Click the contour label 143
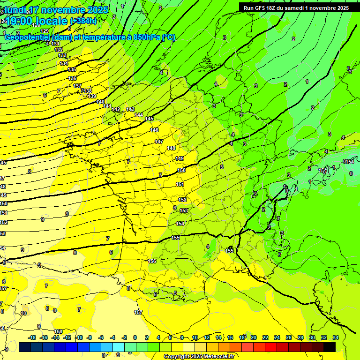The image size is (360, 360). (x=130, y=109)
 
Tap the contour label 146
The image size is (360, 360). (x=154, y=130)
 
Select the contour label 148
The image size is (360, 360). (x=171, y=148)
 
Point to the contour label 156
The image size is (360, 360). (x=152, y=261)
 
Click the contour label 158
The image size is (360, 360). (x=58, y=331)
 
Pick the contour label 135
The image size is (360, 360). (x=72, y=69)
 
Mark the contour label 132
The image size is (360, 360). (x=59, y=49)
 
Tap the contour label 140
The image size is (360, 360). (x=100, y=102)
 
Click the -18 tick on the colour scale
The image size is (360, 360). (x=32, y=337)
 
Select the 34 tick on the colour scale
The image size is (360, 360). (x=336, y=337)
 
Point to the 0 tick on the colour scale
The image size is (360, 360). (x=135, y=337)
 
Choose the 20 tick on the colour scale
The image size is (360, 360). (x=253, y=337)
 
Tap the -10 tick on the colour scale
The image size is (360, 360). (x=79, y=337)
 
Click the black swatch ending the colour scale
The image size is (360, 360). (x=330, y=347)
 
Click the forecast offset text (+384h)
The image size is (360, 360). (x=83, y=21)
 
